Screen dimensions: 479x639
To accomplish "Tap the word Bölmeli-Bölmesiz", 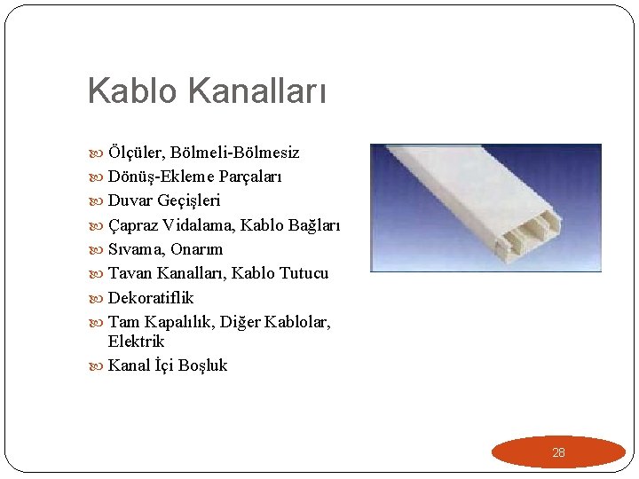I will click(234, 153).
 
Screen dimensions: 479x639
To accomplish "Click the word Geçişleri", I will click(190, 201).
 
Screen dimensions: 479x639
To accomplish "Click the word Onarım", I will click(197, 249).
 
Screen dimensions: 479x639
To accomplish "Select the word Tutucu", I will click(304, 273).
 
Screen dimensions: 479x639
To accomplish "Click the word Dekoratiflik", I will click(151, 297).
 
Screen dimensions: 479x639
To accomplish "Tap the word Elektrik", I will click(137, 342).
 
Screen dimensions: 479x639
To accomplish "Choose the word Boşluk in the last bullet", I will click(202, 365).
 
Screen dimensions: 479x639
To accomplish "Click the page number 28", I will click(558, 452).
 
